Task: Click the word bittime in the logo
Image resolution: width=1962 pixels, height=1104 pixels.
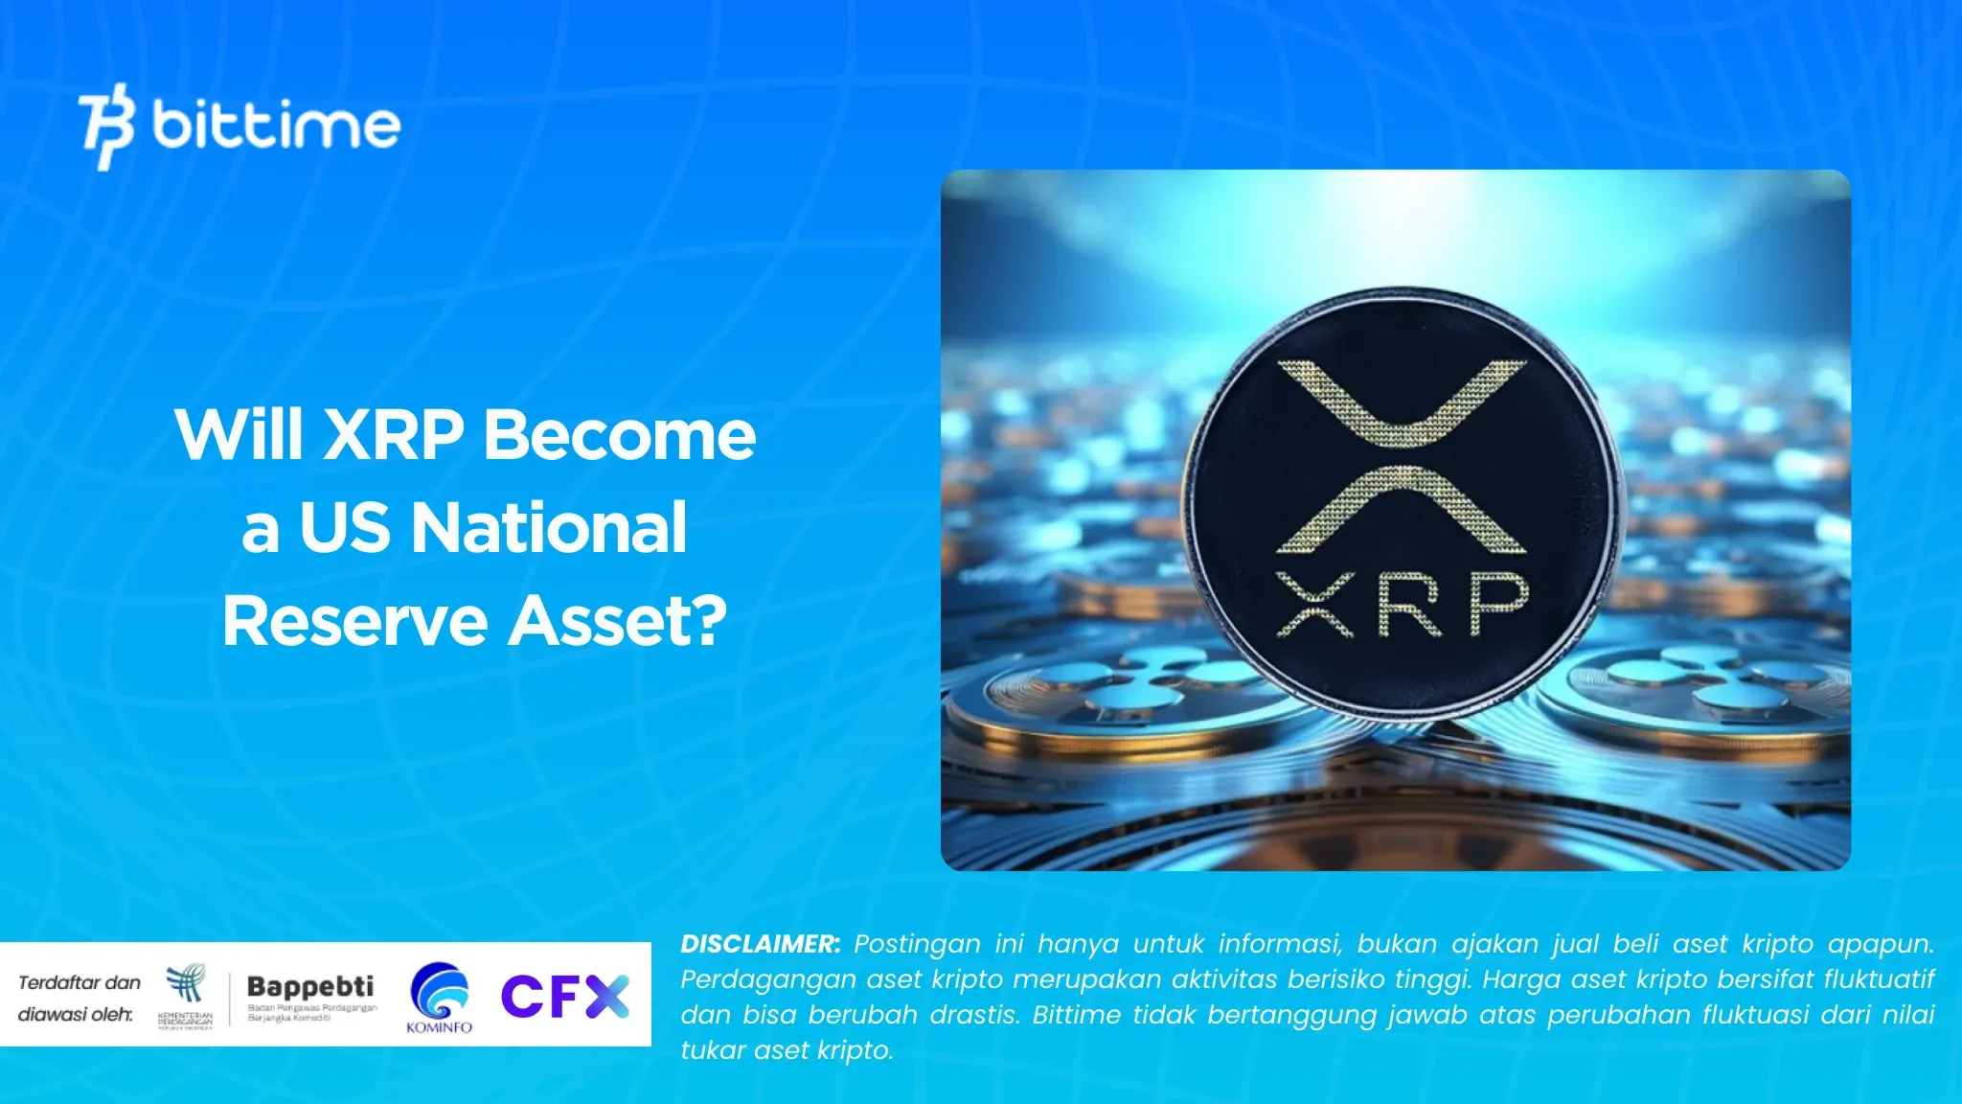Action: pyautogui.click(x=276, y=126)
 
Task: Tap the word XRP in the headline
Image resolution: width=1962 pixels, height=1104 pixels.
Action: pyautogui.click(x=394, y=435)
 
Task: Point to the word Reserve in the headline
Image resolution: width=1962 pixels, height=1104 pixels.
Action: pyautogui.click(x=355, y=621)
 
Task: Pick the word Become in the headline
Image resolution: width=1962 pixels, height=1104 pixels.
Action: pyautogui.click(x=619, y=435)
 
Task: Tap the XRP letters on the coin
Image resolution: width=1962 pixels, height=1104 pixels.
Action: pyautogui.click(x=1403, y=605)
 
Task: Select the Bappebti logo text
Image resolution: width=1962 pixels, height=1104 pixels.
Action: pyautogui.click(x=310, y=986)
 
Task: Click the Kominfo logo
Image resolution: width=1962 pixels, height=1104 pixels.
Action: pyautogui.click(x=440, y=998)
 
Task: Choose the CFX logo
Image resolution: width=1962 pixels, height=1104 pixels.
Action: pyautogui.click(x=565, y=997)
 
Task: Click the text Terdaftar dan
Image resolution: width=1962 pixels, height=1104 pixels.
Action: pyautogui.click(x=80, y=982)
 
